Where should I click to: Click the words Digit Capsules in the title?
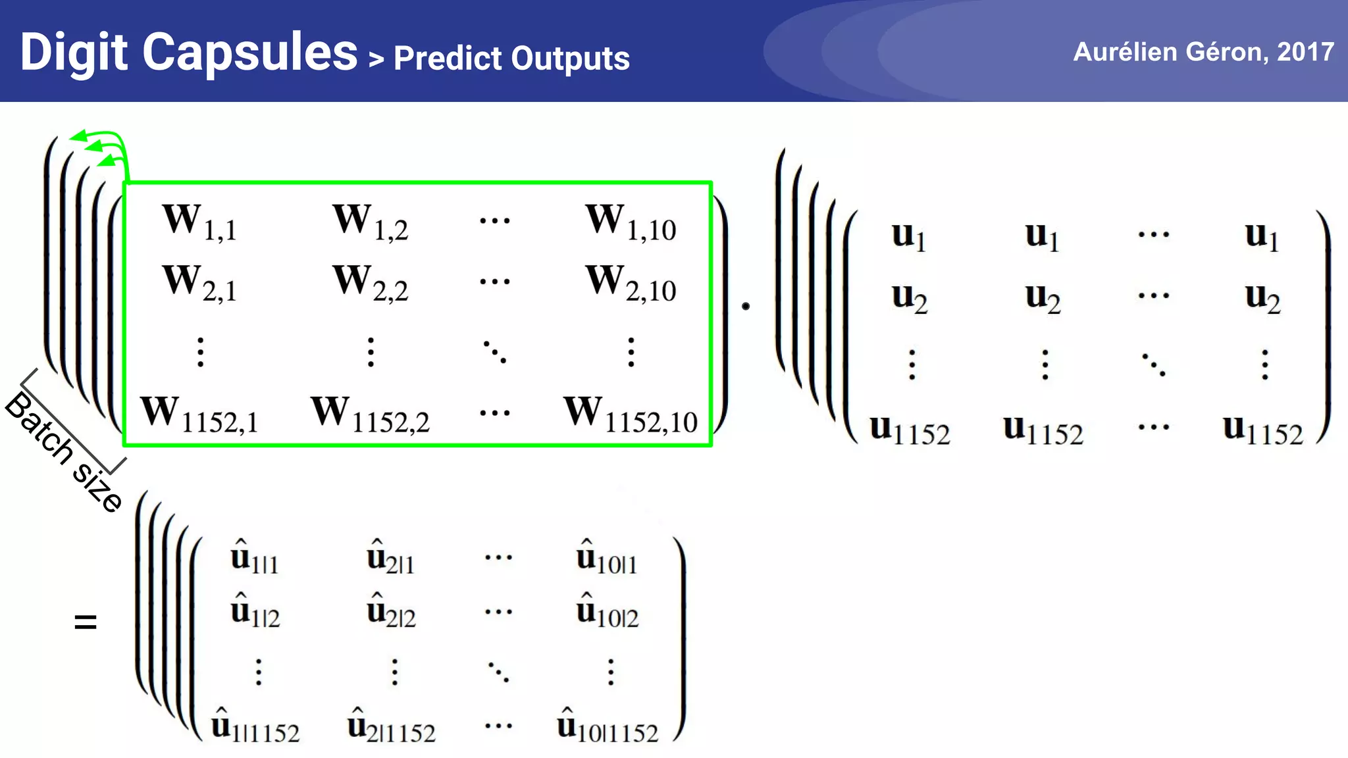[x=189, y=53]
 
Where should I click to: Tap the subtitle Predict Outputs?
[x=511, y=59]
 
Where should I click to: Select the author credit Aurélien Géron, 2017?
[x=1203, y=52]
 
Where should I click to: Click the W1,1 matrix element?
[x=199, y=222]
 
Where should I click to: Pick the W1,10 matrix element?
[x=631, y=222]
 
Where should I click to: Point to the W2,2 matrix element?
[x=371, y=283]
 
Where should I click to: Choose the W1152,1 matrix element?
[x=199, y=414]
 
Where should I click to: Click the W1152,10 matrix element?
[x=631, y=414]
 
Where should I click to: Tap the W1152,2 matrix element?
[x=371, y=414]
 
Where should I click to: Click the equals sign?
[x=86, y=621]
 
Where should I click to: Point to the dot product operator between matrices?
[x=746, y=306]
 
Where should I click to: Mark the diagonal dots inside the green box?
[x=495, y=352]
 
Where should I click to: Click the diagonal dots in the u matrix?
[x=1154, y=365]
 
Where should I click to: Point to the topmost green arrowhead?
[x=78, y=136]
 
